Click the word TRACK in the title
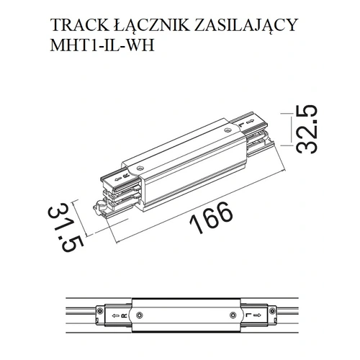click(x=79, y=24)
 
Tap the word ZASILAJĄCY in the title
click(x=246, y=25)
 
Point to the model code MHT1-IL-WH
click(x=102, y=45)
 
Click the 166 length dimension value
click(x=211, y=217)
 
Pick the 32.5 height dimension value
click(x=307, y=129)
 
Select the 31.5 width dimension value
click(x=66, y=227)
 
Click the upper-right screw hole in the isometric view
click(x=227, y=130)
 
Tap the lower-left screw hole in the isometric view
click(x=140, y=168)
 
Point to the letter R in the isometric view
click(x=125, y=176)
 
